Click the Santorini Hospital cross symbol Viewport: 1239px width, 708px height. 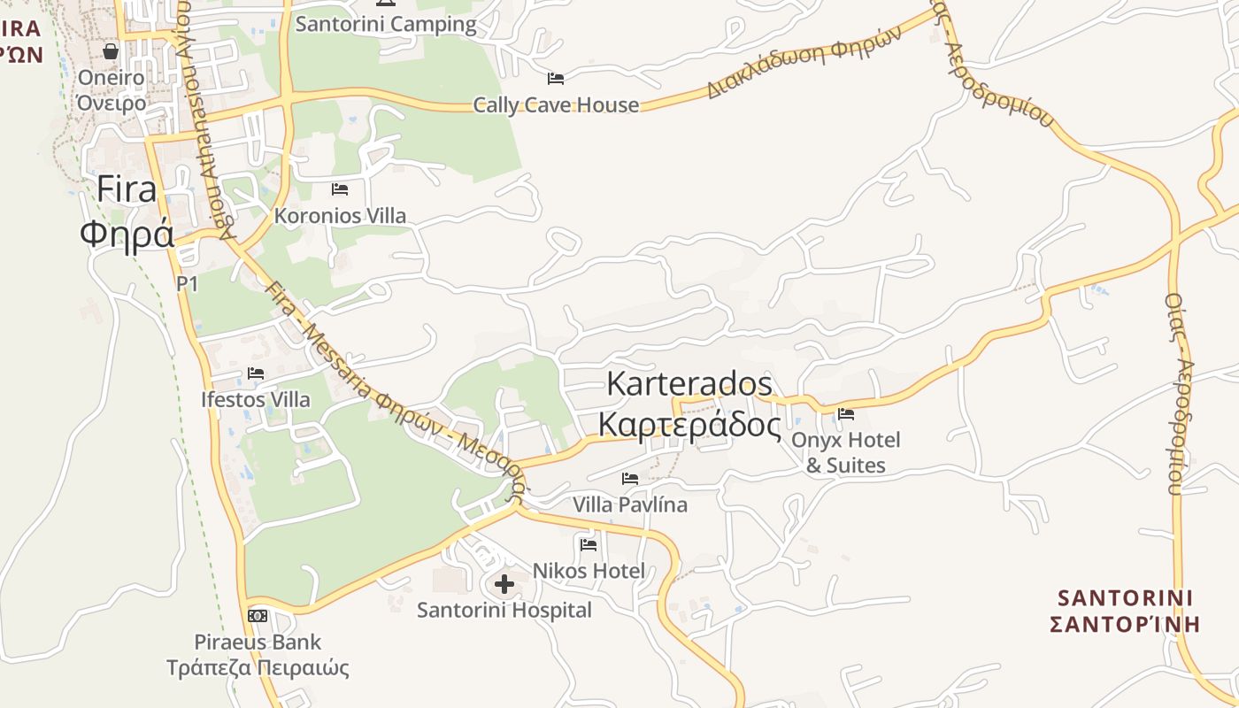point(504,584)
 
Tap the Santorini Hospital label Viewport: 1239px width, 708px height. point(504,610)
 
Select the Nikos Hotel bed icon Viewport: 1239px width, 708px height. point(589,544)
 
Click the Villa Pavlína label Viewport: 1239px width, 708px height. point(630,505)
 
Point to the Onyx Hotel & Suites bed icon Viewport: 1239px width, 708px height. point(846,413)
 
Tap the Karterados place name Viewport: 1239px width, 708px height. point(689,384)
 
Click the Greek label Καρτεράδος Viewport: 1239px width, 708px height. point(689,425)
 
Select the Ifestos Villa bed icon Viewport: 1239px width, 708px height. point(256,373)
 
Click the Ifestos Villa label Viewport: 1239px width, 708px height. point(256,400)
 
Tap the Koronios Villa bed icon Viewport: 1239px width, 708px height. point(340,189)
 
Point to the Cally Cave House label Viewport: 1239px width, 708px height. point(556,105)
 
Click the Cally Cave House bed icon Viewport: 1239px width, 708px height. point(556,79)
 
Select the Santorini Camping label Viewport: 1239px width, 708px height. point(386,24)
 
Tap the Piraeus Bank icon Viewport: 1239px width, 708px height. point(258,615)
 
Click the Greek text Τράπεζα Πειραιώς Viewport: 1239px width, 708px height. point(258,668)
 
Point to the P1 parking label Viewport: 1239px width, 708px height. point(187,284)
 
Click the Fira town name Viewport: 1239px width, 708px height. point(126,189)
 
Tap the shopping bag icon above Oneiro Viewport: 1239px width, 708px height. point(111,51)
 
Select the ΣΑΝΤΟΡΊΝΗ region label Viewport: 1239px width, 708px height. point(1124,624)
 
